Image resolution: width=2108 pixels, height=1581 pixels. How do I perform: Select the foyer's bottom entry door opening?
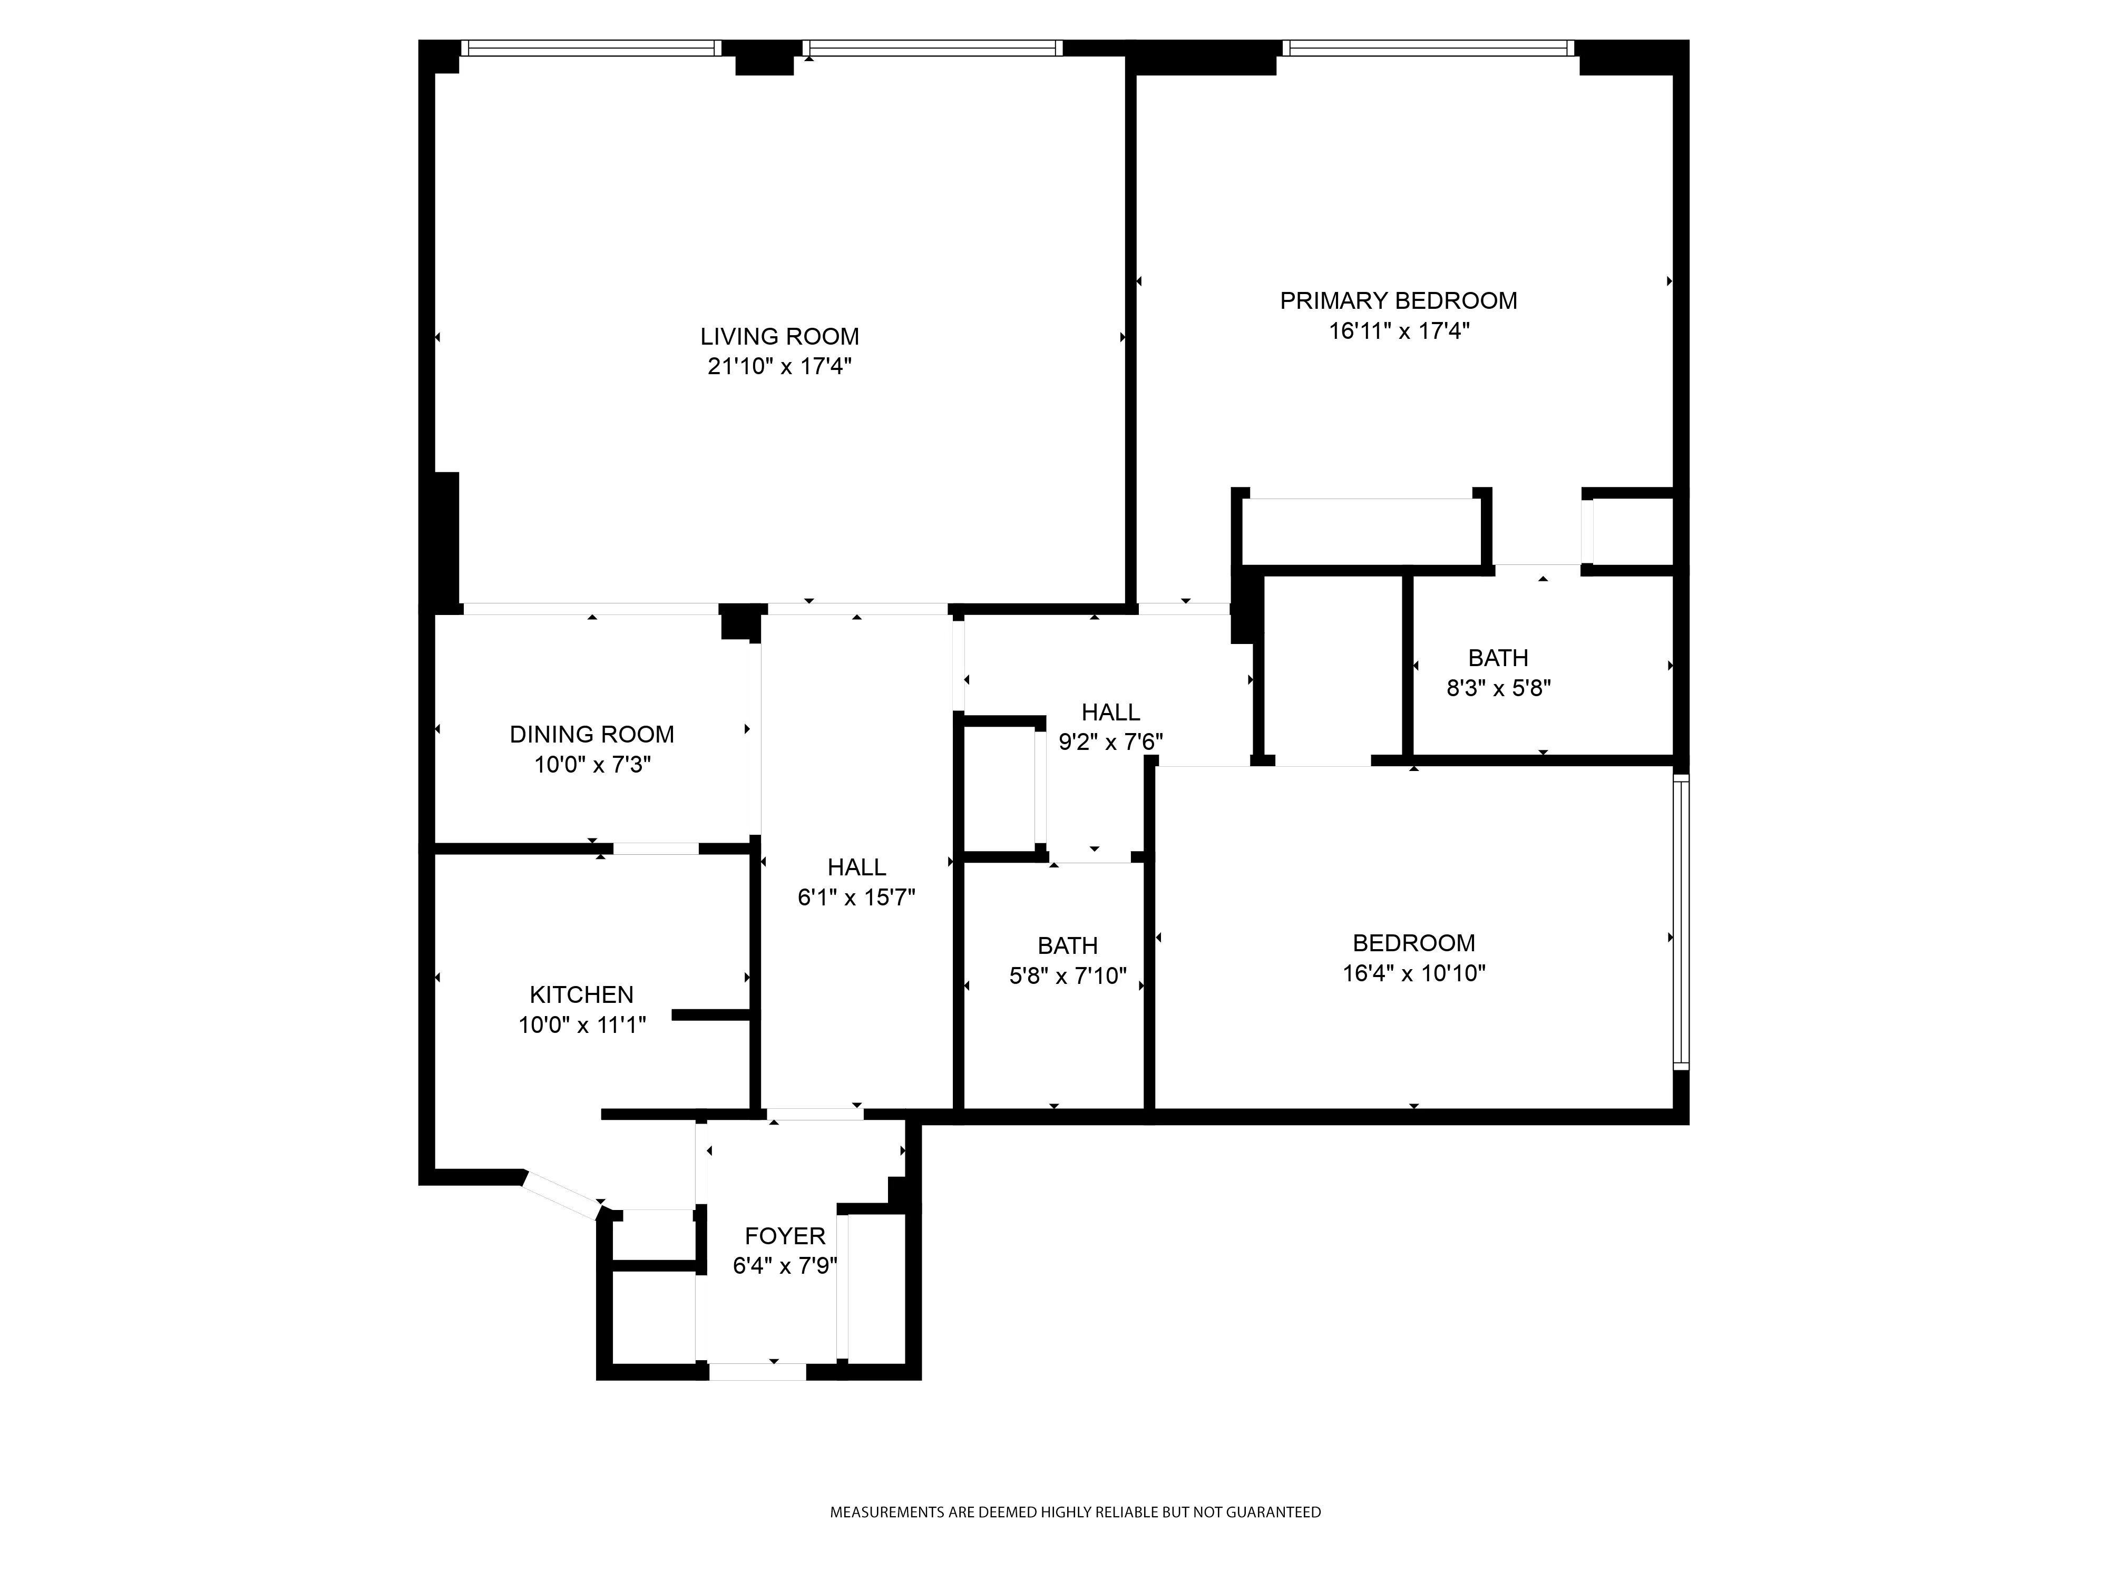click(x=758, y=1372)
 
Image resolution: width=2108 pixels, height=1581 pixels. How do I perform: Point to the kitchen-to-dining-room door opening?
click(x=656, y=848)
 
